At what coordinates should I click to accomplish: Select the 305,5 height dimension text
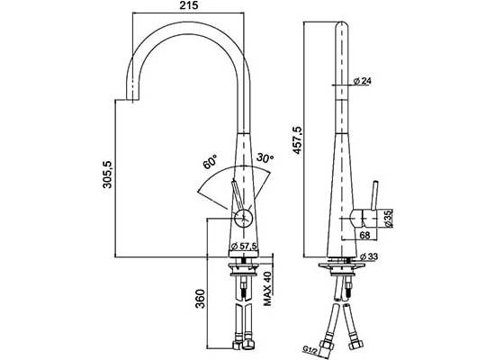pyautogui.click(x=107, y=175)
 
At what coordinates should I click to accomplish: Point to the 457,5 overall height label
pyautogui.click(x=297, y=139)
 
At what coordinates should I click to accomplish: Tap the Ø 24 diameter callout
pyautogui.click(x=363, y=81)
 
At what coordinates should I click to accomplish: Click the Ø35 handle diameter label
pyautogui.click(x=388, y=218)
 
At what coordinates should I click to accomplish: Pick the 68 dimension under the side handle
pyautogui.click(x=364, y=235)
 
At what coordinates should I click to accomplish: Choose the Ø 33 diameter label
pyautogui.click(x=368, y=256)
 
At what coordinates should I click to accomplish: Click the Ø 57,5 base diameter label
pyautogui.click(x=244, y=247)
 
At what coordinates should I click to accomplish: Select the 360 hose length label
pyautogui.click(x=200, y=299)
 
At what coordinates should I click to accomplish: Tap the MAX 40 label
pyautogui.click(x=267, y=289)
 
